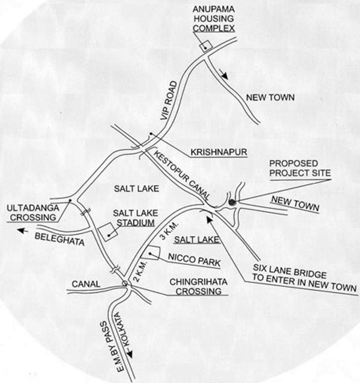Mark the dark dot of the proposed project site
coord(232,202)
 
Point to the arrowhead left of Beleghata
coord(21,230)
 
